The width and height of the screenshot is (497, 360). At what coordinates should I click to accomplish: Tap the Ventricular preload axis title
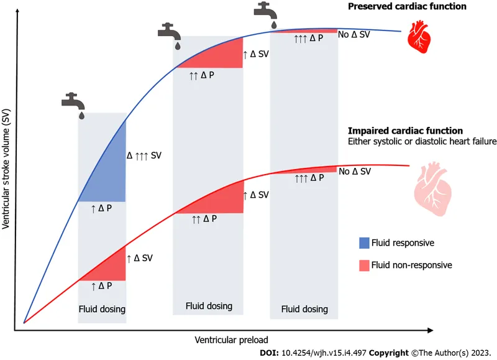click(x=232, y=340)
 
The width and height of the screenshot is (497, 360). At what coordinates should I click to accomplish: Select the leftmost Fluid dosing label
click(x=102, y=308)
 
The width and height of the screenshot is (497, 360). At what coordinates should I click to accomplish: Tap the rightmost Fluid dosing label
click(x=304, y=309)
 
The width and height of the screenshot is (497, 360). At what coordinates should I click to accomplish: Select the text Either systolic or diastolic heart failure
click(x=413, y=142)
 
